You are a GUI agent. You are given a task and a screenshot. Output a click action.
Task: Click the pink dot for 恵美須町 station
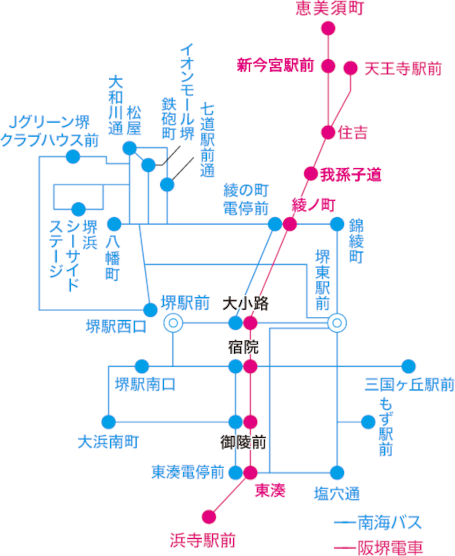tap(328, 28)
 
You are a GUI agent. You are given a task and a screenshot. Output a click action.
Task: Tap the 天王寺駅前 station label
tap(403, 69)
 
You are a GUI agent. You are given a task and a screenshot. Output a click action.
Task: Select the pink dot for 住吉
tap(328, 132)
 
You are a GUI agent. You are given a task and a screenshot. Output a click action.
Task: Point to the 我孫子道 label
tap(350, 175)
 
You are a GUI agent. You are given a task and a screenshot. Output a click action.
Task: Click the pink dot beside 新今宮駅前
tap(328, 66)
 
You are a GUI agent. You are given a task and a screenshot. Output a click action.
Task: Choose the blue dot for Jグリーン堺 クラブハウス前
tap(73, 157)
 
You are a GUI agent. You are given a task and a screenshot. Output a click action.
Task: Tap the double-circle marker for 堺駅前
tap(173, 323)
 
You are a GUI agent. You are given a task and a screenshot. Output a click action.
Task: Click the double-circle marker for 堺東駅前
tap(337, 323)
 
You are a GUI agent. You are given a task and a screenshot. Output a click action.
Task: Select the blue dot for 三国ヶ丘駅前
tap(408, 366)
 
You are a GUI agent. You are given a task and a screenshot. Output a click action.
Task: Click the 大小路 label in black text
tap(245, 303)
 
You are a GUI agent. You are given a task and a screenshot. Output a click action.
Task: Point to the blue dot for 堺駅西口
tap(150, 310)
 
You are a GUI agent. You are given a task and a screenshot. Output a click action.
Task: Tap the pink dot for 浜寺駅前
tap(209, 517)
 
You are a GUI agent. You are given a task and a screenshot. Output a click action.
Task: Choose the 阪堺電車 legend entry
tap(378, 547)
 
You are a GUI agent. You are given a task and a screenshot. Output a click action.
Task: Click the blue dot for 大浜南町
tap(109, 422)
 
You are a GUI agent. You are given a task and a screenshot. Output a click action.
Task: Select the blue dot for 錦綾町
tap(337, 224)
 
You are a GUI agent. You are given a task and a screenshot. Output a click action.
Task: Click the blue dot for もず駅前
tap(368, 422)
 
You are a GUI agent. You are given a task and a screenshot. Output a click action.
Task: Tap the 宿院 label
tap(243, 347)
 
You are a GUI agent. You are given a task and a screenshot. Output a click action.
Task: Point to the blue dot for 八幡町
tap(114, 224)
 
